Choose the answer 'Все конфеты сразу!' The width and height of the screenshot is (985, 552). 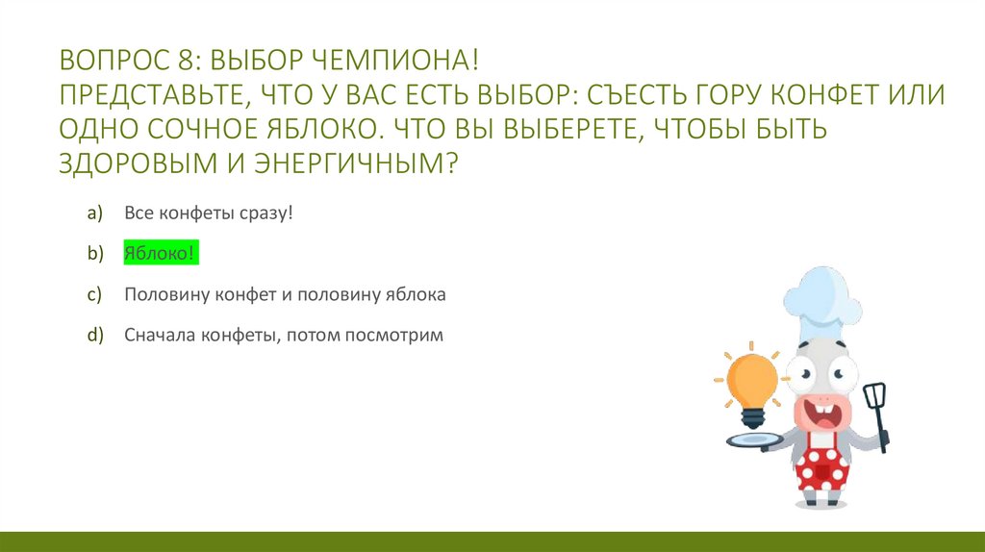(x=208, y=213)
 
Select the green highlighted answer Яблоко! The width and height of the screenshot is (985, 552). (x=160, y=254)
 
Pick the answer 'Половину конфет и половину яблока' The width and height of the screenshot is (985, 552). (x=285, y=295)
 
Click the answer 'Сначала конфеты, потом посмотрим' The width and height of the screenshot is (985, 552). (x=283, y=337)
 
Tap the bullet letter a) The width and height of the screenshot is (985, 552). (x=94, y=213)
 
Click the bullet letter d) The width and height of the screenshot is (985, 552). (x=94, y=337)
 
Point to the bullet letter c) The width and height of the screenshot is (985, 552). (x=94, y=295)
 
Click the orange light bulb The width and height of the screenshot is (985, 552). (x=751, y=382)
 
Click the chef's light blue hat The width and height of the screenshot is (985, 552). (x=820, y=303)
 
